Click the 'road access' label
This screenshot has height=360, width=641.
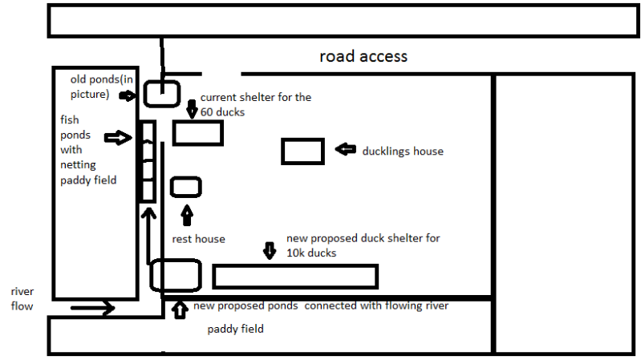click(x=363, y=56)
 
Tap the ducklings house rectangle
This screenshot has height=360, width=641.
click(x=302, y=151)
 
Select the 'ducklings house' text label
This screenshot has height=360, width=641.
click(x=402, y=151)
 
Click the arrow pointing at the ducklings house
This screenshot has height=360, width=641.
click(x=345, y=149)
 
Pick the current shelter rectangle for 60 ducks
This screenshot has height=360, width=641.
click(x=197, y=133)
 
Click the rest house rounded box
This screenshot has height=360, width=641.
click(x=186, y=188)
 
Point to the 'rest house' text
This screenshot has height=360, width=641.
click(x=198, y=239)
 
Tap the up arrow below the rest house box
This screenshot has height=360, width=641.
click(x=188, y=215)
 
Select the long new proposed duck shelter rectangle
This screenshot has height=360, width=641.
click(x=294, y=276)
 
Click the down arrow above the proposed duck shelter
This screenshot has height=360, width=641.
click(x=270, y=251)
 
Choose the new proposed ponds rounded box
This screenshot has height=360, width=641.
click(x=175, y=275)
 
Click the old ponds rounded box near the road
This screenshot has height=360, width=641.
click(x=163, y=93)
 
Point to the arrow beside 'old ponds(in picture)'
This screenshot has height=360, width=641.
click(x=128, y=95)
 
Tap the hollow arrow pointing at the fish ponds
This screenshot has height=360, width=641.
click(x=117, y=138)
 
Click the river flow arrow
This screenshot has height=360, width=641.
click(x=92, y=306)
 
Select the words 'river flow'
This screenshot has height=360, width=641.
click(x=22, y=297)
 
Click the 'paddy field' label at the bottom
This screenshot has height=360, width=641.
click(x=235, y=329)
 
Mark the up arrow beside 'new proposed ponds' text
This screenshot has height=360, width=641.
click(x=178, y=308)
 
